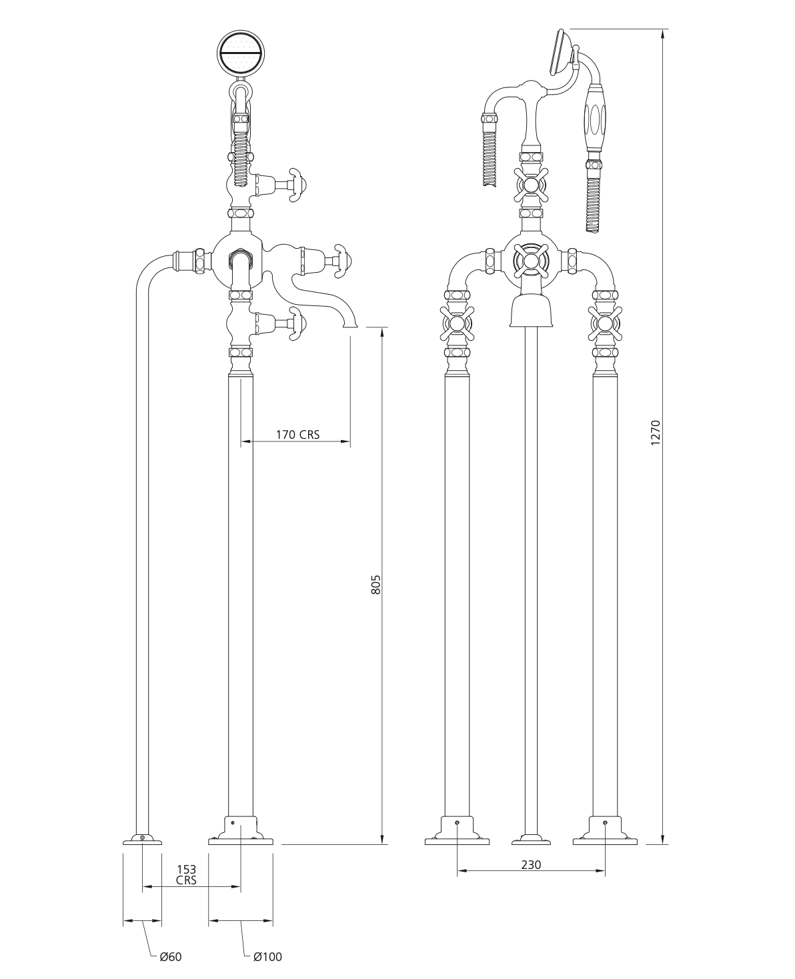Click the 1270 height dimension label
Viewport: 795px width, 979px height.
tap(656, 433)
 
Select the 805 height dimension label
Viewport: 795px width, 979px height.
tap(376, 585)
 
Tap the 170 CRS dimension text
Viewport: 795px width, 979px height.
tap(297, 434)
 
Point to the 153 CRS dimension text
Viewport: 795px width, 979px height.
tap(186, 875)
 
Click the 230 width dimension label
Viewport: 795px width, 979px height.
tap(531, 864)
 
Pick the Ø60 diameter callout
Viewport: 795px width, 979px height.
tap(171, 956)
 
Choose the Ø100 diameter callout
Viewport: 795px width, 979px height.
tap(267, 956)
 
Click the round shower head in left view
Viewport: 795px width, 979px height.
tap(241, 53)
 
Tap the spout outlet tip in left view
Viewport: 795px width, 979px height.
tap(351, 326)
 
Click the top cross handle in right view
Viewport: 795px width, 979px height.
tap(531, 185)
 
